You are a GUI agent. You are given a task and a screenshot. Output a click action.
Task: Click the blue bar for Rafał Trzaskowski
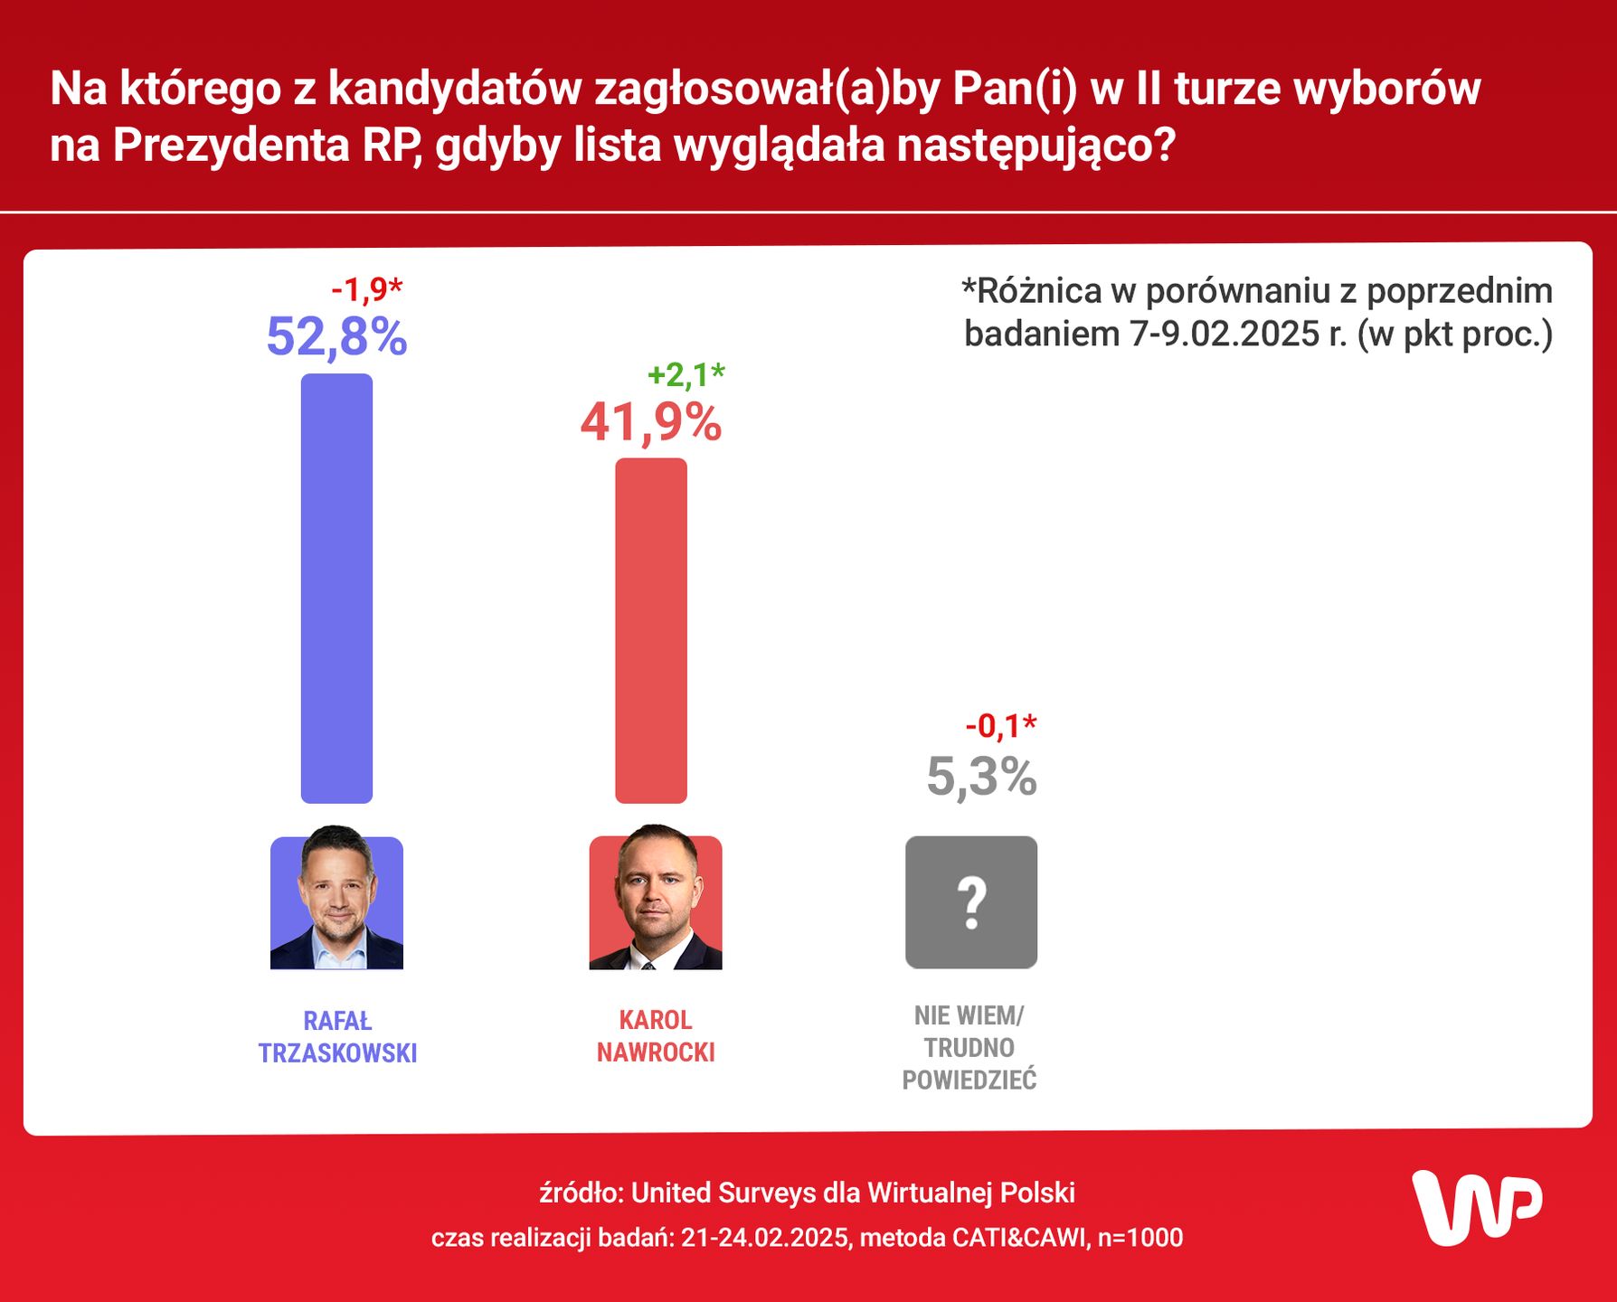pos(336,588)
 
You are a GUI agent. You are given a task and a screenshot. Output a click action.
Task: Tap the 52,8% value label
pos(336,336)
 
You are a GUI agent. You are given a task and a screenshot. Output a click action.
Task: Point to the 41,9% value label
pos(651,421)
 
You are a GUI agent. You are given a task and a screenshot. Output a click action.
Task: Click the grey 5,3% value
pos(981,777)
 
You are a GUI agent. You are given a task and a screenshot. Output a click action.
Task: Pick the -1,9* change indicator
pos(366,289)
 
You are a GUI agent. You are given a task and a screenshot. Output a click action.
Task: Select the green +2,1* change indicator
pos(686,374)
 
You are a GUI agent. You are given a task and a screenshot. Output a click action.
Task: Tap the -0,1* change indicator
pos(1000,725)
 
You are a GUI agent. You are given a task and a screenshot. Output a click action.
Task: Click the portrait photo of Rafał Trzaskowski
pos(336,901)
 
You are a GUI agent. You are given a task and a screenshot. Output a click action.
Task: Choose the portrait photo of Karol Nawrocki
pos(656,901)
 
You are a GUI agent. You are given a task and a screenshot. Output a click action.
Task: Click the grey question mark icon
pos(971,902)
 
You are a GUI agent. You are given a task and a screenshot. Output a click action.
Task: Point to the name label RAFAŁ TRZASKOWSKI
pos(337,1037)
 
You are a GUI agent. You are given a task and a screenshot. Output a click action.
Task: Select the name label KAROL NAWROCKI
pos(656,1036)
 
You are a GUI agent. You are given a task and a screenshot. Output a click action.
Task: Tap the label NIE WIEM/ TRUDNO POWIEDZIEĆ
pos(969,1048)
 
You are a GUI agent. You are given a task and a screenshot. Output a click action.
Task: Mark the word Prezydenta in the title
pos(231,145)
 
